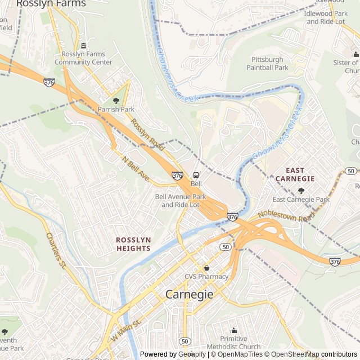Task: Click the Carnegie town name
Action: click(190, 294)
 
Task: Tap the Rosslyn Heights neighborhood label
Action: click(133, 244)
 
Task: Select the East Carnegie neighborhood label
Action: click(295, 174)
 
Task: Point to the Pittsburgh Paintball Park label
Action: click(267, 64)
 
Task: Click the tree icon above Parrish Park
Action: click(108, 99)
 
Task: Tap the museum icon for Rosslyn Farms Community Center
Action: click(83, 46)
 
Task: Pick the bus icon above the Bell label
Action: click(196, 174)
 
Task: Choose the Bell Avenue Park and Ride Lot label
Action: click(181, 201)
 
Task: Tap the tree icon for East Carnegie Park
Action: click(301, 191)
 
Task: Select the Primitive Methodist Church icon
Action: click(233, 330)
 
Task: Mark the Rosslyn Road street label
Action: click(147, 134)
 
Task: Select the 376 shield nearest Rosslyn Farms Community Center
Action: click(49, 82)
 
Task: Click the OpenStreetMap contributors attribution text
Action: click(319, 354)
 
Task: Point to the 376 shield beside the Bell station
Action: click(177, 175)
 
